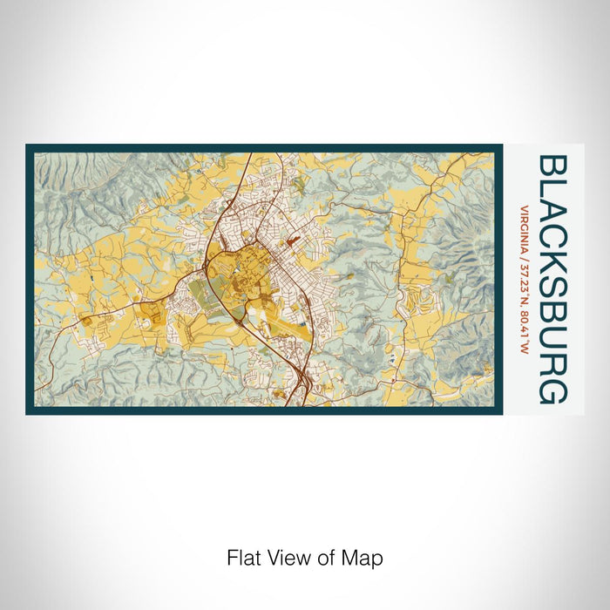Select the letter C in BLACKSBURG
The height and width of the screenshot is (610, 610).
(x=552, y=247)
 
